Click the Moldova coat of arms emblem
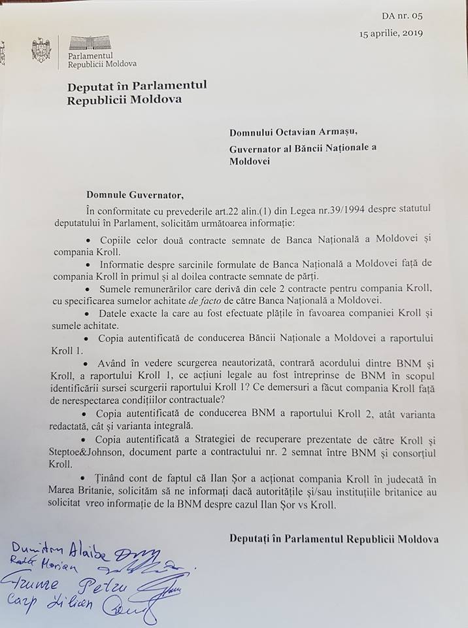coord(42,50)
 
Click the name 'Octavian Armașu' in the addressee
coord(310,133)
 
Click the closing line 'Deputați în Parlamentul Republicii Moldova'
coord(334,538)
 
